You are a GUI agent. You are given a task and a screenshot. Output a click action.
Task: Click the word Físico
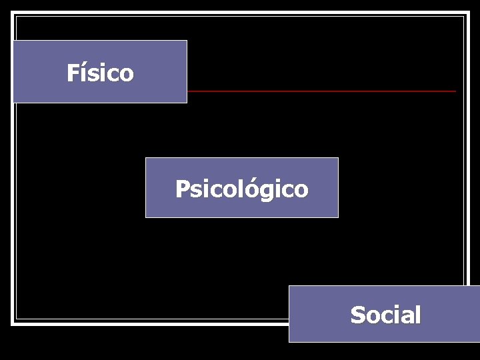(x=100, y=73)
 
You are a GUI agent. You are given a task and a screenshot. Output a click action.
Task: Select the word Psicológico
(x=241, y=189)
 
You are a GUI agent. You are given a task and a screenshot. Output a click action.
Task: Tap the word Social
(x=385, y=315)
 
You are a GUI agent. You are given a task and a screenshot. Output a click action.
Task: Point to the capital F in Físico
(x=72, y=73)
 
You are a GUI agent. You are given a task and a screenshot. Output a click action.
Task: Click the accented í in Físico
(x=81, y=72)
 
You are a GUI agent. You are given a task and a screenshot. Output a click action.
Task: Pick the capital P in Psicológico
(x=182, y=189)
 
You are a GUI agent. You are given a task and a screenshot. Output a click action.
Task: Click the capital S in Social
(x=357, y=315)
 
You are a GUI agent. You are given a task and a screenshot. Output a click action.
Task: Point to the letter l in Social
(x=417, y=314)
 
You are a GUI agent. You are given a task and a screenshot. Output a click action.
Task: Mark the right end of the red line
(x=456, y=91)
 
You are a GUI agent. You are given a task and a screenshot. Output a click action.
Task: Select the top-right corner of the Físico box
(x=187, y=41)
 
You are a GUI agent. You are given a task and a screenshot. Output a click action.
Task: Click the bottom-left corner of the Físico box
(x=13, y=103)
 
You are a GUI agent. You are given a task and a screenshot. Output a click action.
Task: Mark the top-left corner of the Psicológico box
(x=146, y=158)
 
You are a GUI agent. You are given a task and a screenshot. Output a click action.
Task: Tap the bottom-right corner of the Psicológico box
(x=338, y=217)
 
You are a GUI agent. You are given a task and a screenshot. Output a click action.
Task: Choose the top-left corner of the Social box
(x=289, y=286)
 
